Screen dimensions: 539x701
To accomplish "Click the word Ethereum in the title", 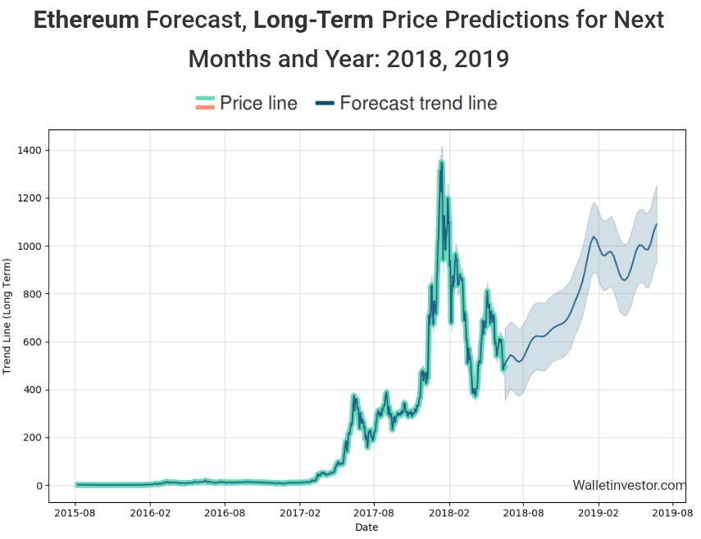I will (x=86, y=20).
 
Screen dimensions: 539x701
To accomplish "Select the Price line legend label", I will (x=258, y=103).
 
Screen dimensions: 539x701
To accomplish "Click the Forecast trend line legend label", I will (x=418, y=103).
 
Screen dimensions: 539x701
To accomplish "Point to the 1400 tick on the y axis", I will (x=33, y=151).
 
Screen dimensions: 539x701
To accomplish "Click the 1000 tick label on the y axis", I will (x=33, y=247).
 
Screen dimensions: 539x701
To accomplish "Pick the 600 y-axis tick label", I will (x=35, y=342).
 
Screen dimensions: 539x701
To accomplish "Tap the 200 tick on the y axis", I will (x=35, y=438).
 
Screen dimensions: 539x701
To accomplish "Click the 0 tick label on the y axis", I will (x=40, y=486).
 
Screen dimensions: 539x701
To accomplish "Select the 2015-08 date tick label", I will (x=75, y=514).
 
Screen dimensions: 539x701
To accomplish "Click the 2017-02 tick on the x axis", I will (x=300, y=514).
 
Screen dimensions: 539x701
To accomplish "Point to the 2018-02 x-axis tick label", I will (x=449, y=514).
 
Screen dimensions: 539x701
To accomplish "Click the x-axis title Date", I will (x=366, y=528).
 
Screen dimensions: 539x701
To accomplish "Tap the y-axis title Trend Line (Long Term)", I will (x=7, y=316).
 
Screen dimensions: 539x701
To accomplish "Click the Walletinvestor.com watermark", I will (x=629, y=486).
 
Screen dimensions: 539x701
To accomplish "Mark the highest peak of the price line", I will (x=441, y=161).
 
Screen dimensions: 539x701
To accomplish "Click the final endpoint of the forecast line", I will (x=657, y=224).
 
